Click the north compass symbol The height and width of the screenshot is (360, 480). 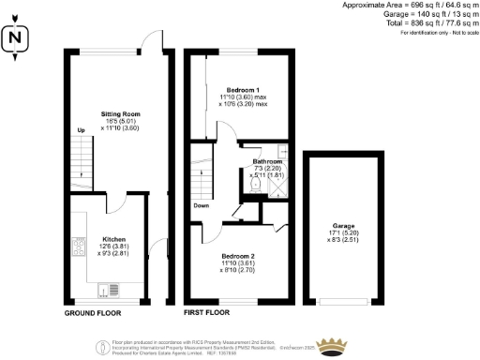pos(15,40)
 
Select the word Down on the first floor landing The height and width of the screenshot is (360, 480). pos(202,205)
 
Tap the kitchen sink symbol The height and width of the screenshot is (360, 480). pos(112,289)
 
